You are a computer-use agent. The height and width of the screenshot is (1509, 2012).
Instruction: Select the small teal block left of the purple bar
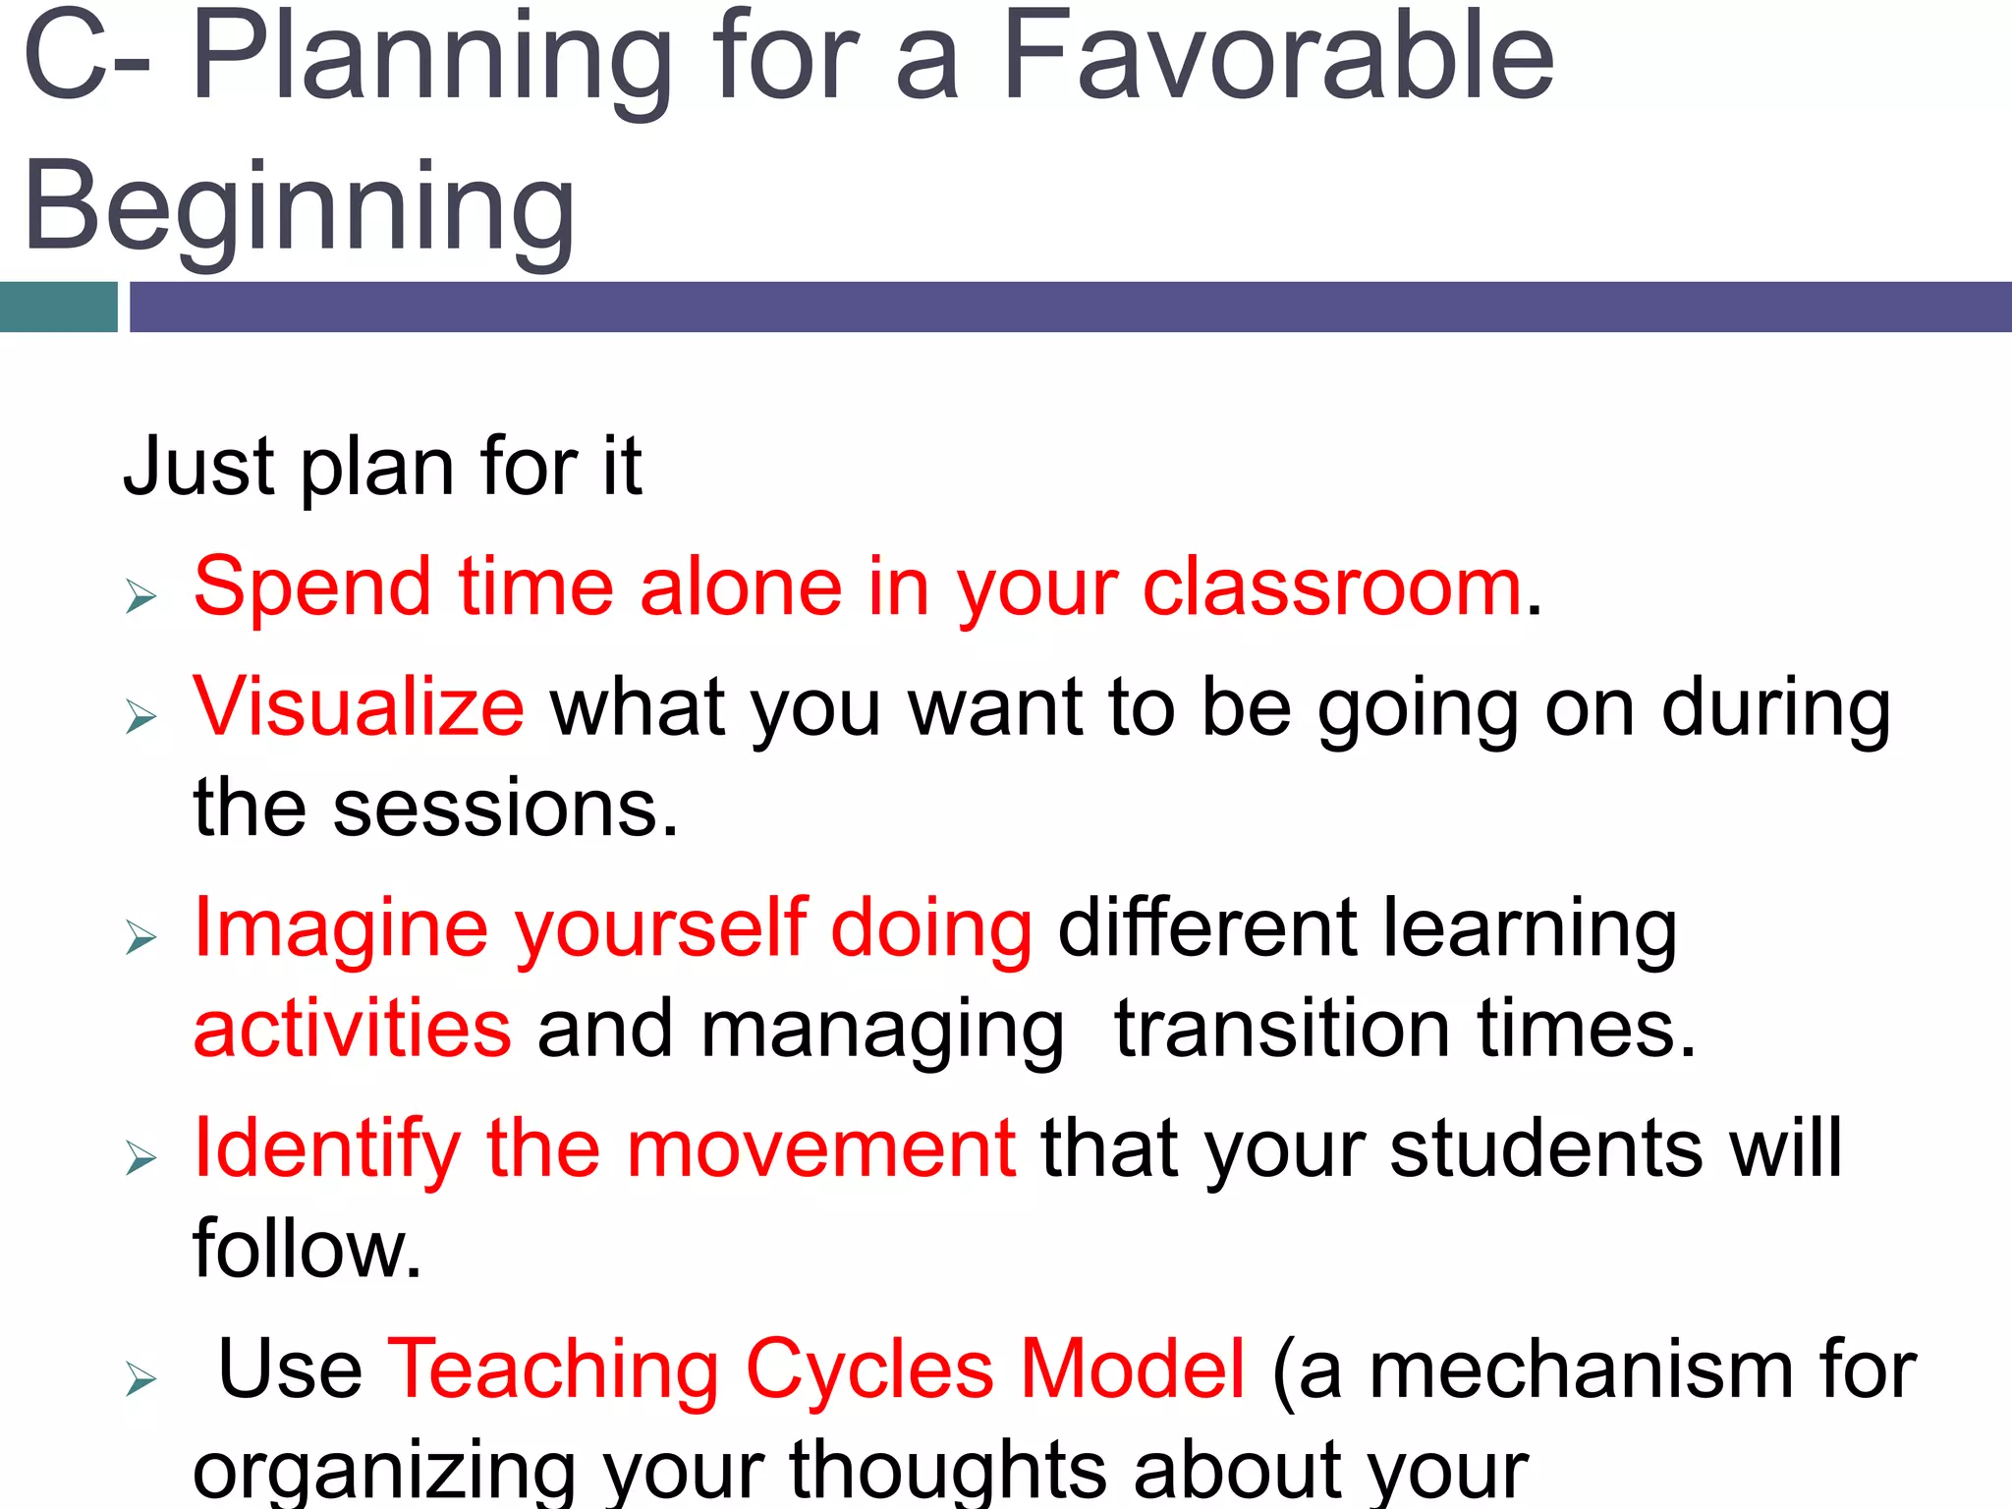pos(58,307)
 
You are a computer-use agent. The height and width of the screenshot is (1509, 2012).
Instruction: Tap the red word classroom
pos(1332,587)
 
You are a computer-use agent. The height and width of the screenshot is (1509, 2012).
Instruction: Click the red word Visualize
pos(359,707)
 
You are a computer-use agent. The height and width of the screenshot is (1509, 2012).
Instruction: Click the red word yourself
pos(660,928)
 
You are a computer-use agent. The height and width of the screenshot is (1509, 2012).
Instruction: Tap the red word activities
pos(353,1029)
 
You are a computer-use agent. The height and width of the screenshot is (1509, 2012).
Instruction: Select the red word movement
pos(821,1149)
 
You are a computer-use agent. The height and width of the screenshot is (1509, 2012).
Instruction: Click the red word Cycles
pos(868,1369)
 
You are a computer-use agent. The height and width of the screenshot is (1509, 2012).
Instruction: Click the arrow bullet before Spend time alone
pos(141,596)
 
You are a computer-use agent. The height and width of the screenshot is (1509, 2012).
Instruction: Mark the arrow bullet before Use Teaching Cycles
pos(141,1380)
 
